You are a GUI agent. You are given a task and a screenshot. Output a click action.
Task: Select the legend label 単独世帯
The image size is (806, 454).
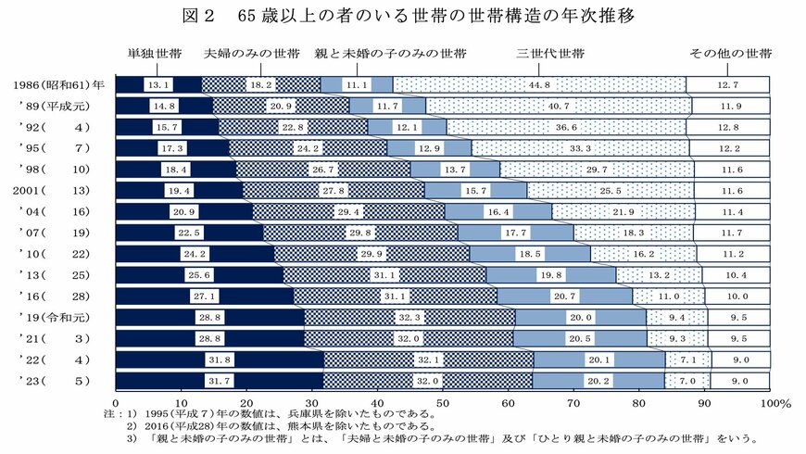coord(154,54)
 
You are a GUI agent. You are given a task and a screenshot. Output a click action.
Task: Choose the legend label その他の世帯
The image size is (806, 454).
coord(728,54)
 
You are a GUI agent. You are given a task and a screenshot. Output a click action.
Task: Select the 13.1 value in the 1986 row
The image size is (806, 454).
coord(157,84)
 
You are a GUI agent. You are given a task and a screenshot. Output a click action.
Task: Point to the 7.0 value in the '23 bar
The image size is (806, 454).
coord(686,381)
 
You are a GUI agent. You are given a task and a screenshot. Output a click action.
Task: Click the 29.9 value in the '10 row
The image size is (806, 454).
coord(329,254)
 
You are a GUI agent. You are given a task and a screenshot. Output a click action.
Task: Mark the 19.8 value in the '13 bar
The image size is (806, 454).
coord(551,275)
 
